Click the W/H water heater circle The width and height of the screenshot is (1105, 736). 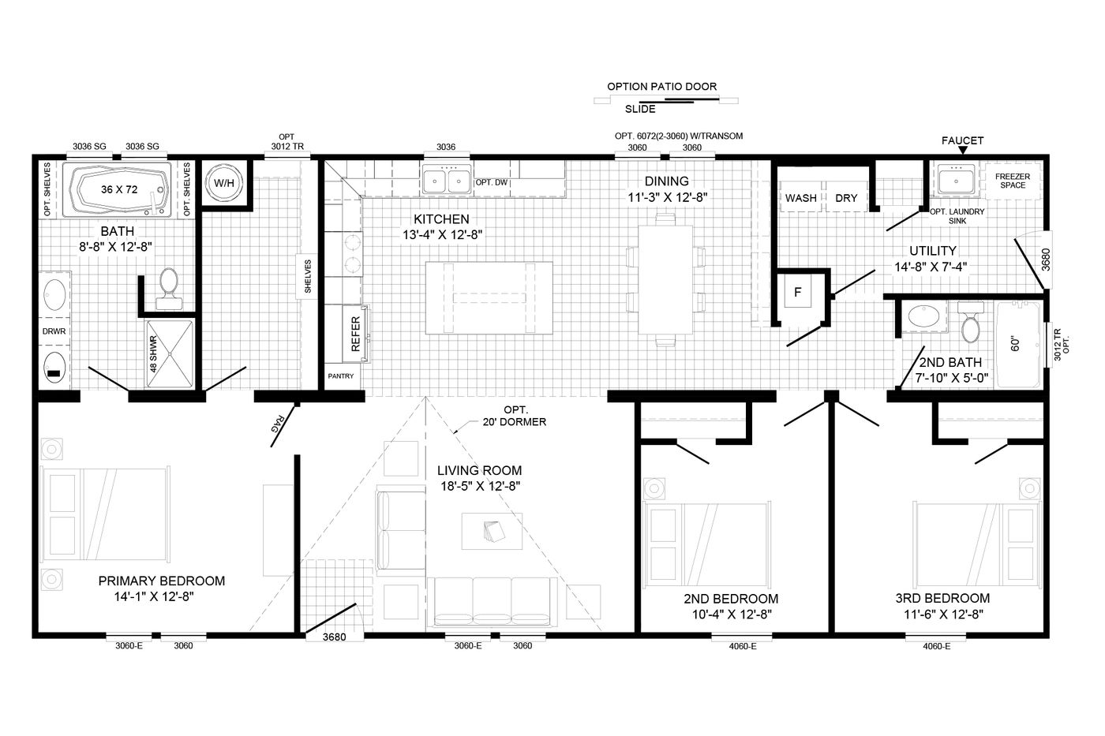(x=224, y=183)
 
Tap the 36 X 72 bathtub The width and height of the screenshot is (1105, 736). (x=120, y=190)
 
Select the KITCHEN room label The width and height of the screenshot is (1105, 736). (x=441, y=219)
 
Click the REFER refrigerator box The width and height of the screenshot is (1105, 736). (x=354, y=334)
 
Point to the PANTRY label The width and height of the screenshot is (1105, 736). (x=341, y=376)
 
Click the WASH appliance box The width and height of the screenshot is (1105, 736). (x=800, y=198)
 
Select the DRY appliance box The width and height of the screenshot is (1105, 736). (x=846, y=198)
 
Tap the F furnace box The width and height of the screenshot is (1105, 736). (x=798, y=293)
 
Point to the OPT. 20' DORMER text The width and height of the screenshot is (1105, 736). (x=515, y=416)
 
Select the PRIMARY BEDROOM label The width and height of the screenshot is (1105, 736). (x=161, y=581)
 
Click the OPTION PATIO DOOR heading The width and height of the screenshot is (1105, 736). (x=661, y=87)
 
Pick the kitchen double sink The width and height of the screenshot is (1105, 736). (x=447, y=181)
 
